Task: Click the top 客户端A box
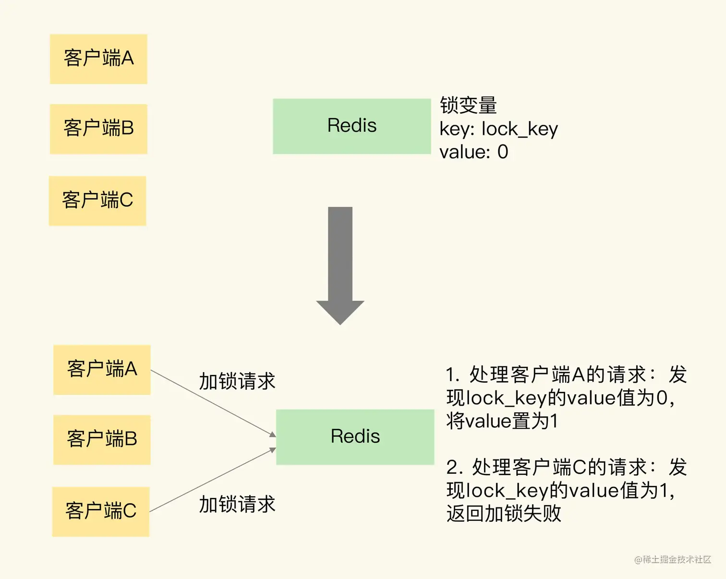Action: [98, 59]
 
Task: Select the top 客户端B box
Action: [98, 129]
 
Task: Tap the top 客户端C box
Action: [97, 201]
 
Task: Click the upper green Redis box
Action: [351, 126]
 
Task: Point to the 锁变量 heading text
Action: [468, 105]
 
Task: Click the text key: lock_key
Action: [498, 129]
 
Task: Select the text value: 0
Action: [473, 152]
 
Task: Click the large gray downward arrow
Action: [340, 264]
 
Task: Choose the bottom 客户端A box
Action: [102, 370]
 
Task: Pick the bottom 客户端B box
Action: [102, 439]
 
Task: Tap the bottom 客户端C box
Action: [101, 511]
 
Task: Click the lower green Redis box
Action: [355, 437]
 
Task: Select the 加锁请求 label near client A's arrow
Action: [237, 381]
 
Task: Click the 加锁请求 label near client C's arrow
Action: [237, 504]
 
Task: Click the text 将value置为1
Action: [502, 421]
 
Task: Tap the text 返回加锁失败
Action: [504, 513]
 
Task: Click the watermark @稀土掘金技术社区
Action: [672, 559]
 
